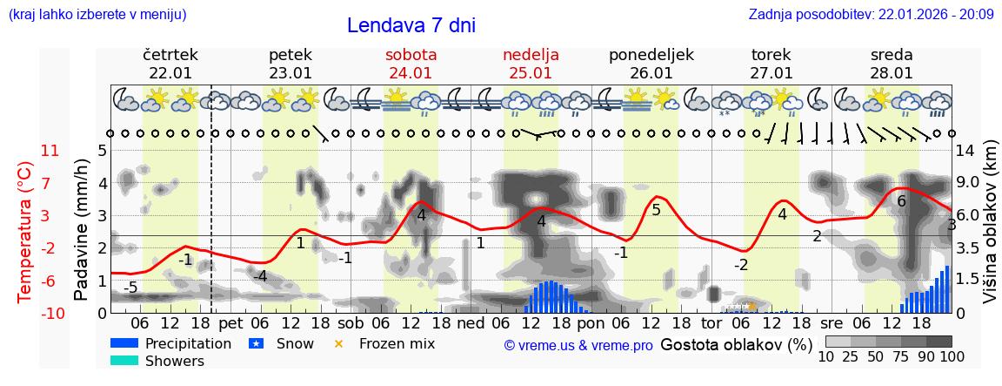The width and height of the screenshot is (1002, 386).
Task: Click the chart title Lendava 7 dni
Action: tap(411, 25)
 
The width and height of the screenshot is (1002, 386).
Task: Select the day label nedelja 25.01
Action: tap(531, 64)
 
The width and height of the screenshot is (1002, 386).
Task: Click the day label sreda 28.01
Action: tap(892, 64)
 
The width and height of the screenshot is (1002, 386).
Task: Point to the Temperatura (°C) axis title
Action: tap(25, 231)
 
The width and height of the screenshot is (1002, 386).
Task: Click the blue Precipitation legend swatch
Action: tap(124, 343)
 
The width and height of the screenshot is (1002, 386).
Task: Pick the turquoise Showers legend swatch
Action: tap(124, 361)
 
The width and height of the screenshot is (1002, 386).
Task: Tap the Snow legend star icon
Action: tap(256, 343)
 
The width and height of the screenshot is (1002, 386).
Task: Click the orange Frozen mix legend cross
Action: tap(338, 343)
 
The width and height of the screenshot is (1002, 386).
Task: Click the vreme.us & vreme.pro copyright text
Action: tap(578, 345)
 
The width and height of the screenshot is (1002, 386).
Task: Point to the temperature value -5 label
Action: tap(130, 288)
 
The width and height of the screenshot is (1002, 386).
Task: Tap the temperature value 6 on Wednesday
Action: tap(901, 201)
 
